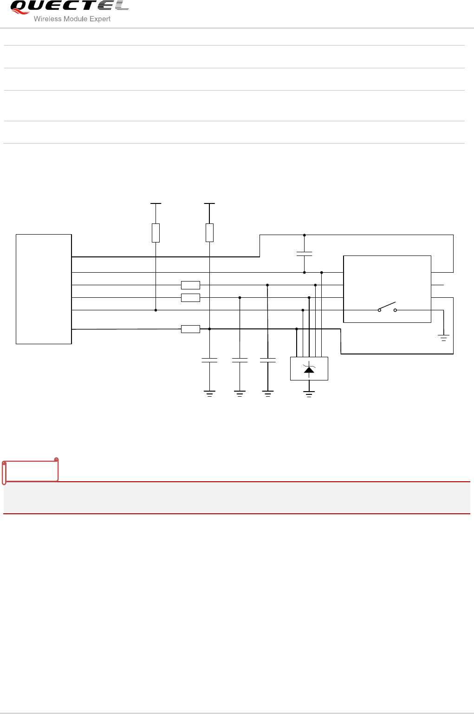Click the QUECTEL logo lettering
(x=70, y=7)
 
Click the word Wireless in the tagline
(x=48, y=19)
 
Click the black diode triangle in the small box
(x=309, y=370)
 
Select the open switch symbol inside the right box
(x=387, y=308)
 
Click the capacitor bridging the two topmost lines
(x=304, y=254)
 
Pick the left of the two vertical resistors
(x=156, y=233)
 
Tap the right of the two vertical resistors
(x=209, y=233)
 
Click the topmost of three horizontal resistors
(x=190, y=285)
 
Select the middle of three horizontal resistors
(x=190, y=298)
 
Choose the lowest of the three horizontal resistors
(x=190, y=329)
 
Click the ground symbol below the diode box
(x=309, y=394)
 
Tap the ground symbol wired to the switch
(x=444, y=338)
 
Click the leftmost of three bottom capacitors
(x=209, y=360)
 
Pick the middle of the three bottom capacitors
(x=240, y=360)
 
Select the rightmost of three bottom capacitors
(x=268, y=360)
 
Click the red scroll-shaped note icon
(x=30, y=471)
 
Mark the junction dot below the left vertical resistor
(x=156, y=310)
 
